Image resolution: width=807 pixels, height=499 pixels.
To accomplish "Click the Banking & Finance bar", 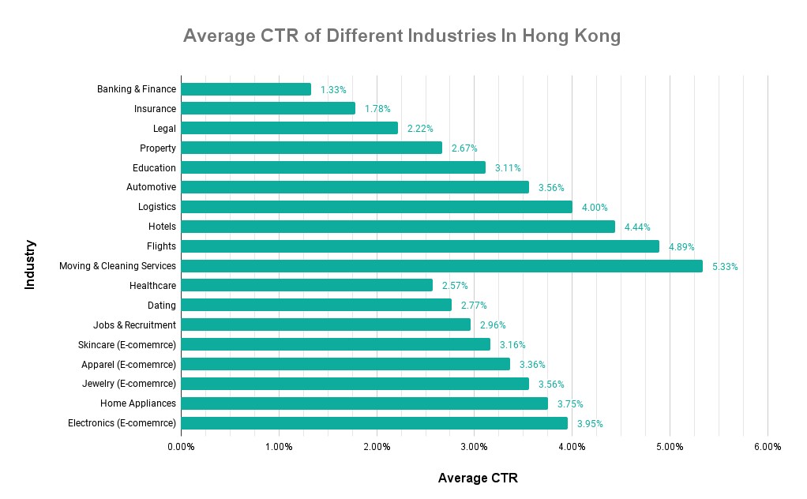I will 246,89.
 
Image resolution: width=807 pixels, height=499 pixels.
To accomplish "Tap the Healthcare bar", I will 306,285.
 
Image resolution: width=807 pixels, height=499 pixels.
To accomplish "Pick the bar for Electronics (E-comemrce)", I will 373,423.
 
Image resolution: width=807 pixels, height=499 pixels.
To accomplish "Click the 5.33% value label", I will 725,267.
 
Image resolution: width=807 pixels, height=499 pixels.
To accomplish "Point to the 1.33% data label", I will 333,90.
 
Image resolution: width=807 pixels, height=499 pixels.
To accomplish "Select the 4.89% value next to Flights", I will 681,247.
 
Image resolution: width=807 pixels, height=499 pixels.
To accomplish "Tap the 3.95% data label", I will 590,424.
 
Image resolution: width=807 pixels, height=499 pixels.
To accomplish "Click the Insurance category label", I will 155,109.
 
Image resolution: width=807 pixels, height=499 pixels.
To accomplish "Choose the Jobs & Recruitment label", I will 134,325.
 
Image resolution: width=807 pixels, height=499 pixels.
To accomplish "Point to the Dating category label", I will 162,306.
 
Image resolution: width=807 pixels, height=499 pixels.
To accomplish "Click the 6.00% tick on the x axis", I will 767,447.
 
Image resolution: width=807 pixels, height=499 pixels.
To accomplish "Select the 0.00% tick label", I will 181,447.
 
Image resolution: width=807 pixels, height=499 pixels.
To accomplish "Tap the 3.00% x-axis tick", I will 474,447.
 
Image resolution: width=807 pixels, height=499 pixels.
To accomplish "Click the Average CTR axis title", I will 478,478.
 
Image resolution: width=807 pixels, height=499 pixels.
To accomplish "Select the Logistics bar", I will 376,207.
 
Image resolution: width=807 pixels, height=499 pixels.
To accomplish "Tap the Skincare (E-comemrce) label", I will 127,344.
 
